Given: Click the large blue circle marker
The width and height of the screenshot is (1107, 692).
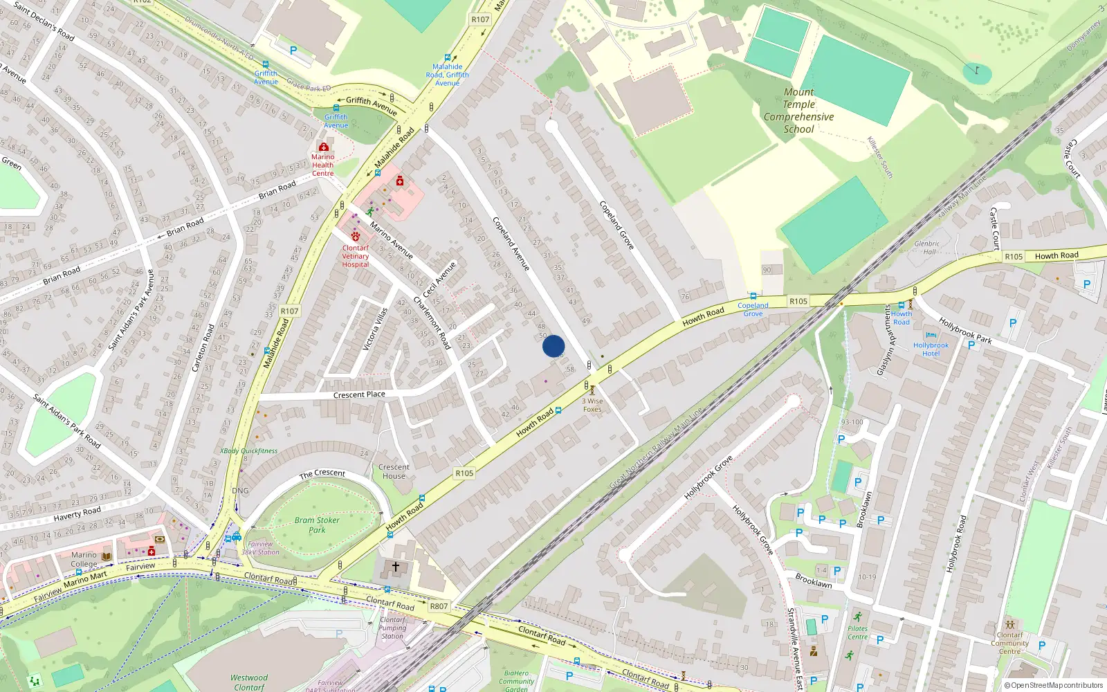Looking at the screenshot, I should [553, 346].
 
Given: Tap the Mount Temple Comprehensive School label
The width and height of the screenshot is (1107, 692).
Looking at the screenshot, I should [798, 111].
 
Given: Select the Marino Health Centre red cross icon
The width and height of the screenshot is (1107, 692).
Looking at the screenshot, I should [323, 147].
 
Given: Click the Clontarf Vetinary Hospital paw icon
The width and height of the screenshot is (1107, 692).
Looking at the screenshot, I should [356, 237].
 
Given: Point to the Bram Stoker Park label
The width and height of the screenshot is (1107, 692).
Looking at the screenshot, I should [317, 525].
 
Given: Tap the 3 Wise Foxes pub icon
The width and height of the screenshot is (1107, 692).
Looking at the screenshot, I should [592, 390].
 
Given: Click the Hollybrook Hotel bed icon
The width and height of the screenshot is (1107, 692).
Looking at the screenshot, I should [931, 336].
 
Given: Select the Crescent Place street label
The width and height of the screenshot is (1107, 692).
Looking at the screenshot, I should [359, 395].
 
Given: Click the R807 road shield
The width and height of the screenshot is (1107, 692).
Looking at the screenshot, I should [439, 606].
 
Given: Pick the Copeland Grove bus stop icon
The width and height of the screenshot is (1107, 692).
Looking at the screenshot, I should [753, 296].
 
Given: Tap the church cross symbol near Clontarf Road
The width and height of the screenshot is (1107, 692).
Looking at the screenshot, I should [396, 567].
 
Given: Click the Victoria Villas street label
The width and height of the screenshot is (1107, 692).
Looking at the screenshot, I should [376, 329].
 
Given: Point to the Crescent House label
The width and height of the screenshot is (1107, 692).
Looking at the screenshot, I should [394, 471].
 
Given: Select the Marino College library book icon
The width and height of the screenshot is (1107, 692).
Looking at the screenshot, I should [107, 556].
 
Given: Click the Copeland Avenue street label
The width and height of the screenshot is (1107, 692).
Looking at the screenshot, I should [511, 244].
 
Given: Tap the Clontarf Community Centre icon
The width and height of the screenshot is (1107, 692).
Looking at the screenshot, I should [1009, 624].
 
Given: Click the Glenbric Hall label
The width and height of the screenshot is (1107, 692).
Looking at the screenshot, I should [927, 248].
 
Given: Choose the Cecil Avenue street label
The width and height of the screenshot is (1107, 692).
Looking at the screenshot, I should [440, 280].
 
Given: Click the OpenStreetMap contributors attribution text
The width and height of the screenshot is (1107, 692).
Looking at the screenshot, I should [1053, 686].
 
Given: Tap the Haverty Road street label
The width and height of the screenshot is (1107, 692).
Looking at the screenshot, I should [77, 513].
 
